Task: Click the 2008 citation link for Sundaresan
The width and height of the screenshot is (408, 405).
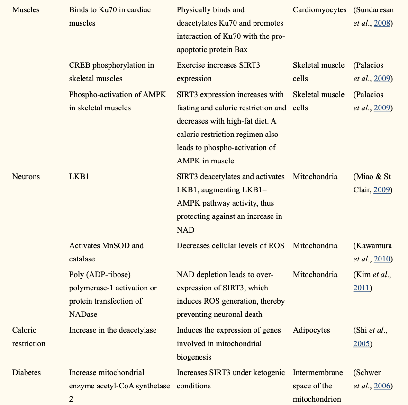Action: pyautogui.click(x=382, y=23)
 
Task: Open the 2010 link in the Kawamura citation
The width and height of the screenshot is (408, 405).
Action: pyautogui.click(x=382, y=259)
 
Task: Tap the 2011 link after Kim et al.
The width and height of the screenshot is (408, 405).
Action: pyautogui.click(x=361, y=288)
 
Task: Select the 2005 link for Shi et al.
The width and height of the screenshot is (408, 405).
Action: pyautogui.click(x=361, y=343)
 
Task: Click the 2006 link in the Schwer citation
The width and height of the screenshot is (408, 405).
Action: pyautogui.click(x=382, y=386)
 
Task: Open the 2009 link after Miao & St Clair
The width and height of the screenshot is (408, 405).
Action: pyautogui.click(x=382, y=189)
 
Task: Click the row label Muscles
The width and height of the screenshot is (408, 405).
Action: pyautogui.click(x=26, y=9)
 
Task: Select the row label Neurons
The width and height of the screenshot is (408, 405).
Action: pyautogui.click(x=26, y=176)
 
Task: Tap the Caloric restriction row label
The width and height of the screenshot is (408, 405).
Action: pyautogui.click(x=29, y=336)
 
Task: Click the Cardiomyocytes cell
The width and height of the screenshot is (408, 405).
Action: pyautogui.click(x=319, y=9)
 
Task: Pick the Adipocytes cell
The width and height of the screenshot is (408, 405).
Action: pyautogui.click(x=311, y=330)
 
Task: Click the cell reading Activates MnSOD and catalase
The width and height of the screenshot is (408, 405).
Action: pyautogui.click(x=106, y=252)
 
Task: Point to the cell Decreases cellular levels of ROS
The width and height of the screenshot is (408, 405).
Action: pyautogui.click(x=230, y=245)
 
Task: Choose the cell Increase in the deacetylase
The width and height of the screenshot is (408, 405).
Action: pyautogui.click(x=113, y=330)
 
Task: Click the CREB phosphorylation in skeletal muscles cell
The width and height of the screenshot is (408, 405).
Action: pyautogui.click(x=111, y=72)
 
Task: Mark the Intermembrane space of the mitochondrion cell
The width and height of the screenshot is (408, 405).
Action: pyautogui.click(x=317, y=386)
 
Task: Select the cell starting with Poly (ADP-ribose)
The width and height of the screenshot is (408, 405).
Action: pyautogui.click(x=113, y=294)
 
